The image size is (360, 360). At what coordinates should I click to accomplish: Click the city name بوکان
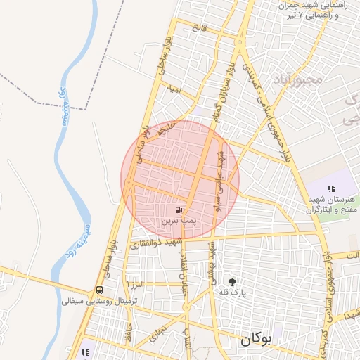pos(255,339)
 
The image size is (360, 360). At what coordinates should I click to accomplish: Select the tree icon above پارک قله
pos(223,281)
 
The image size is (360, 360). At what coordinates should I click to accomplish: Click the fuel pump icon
pos(179,210)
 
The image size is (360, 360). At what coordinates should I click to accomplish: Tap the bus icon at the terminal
pos(99,290)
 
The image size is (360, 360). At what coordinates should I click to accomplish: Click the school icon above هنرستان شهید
pos(331,188)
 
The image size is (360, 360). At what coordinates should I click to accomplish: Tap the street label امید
pos(175,89)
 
